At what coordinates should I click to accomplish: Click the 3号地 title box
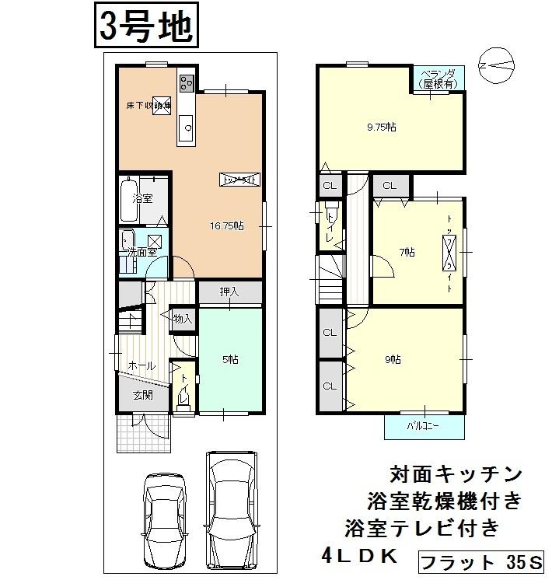point(145,26)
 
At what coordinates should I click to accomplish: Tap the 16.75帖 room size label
point(226,225)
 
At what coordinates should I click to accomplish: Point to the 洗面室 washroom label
point(142,252)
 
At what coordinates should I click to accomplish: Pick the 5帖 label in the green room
point(229,359)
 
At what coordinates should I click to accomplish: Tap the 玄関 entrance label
point(141,395)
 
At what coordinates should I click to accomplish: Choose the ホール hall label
point(141,365)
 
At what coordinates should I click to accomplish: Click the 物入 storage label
point(183,319)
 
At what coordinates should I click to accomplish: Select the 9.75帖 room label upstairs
point(381,127)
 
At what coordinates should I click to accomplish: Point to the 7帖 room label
point(407,252)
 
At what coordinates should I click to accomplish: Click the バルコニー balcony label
point(424,426)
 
